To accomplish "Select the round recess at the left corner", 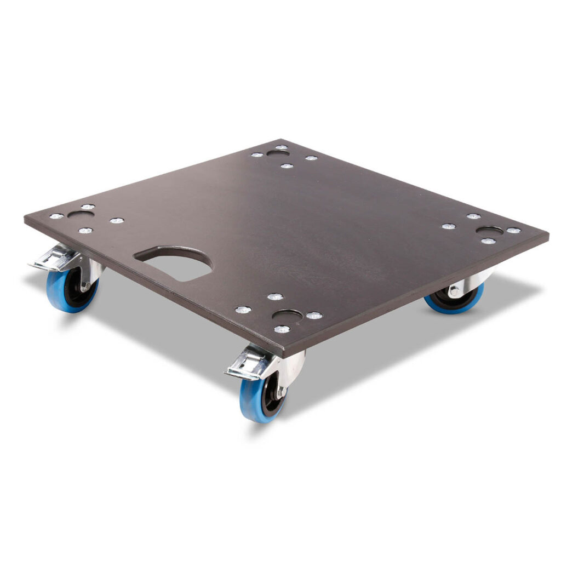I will click(80, 215).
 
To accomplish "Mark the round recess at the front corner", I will click(287, 315).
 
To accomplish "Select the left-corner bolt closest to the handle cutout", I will click(117, 221).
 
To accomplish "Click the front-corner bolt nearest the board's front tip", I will click(282, 329).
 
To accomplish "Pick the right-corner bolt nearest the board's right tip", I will click(513, 231).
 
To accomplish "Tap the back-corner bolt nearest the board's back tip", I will click(281, 147).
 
